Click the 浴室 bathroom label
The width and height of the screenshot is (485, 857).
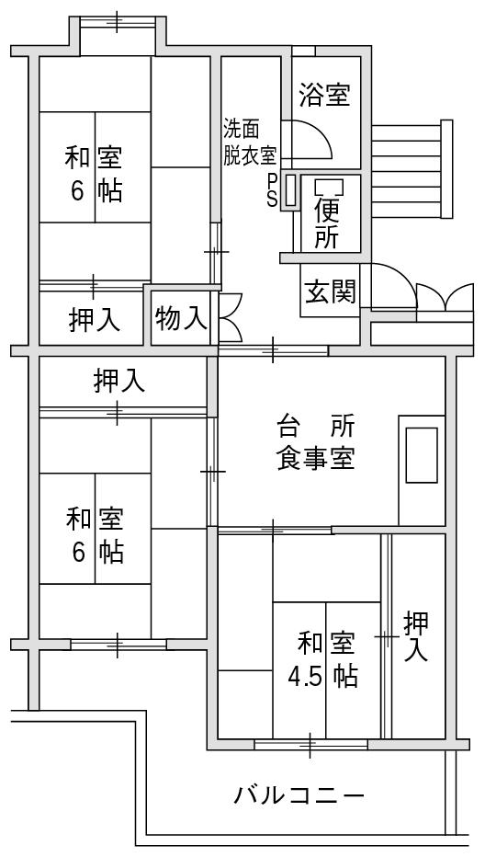click(x=324, y=97)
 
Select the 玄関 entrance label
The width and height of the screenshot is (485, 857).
click(x=330, y=291)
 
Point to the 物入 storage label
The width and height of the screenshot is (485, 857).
click(x=181, y=319)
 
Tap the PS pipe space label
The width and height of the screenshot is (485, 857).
click(x=272, y=190)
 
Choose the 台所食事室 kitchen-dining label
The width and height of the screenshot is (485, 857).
click(x=316, y=443)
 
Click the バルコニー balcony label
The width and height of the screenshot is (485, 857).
click(x=299, y=794)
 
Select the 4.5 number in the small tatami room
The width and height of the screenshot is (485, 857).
click(x=306, y=678)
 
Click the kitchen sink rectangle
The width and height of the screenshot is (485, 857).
click(x=422, y=455)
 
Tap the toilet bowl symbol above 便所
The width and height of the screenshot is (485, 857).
click(x=330, y=188)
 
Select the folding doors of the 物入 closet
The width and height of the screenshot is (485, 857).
click(x=230, y=318)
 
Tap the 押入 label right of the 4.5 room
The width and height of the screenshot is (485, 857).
click(x=416, y=636)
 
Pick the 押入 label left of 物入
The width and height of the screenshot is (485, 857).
click(x=94, y=320)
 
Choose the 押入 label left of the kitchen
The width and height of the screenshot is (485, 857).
click(x=119, y=381)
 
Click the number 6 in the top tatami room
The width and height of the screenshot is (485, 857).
click(x=76, y=190)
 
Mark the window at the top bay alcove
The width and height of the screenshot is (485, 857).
click(x=118, y=21)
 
